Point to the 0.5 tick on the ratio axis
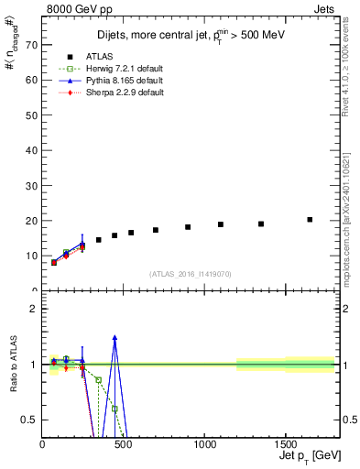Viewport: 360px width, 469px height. pos(29,420)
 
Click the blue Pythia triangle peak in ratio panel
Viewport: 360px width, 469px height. pos(115,337)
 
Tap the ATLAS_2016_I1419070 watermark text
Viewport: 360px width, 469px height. pos(190,273)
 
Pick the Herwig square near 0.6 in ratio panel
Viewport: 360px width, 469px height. pos(115,409)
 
